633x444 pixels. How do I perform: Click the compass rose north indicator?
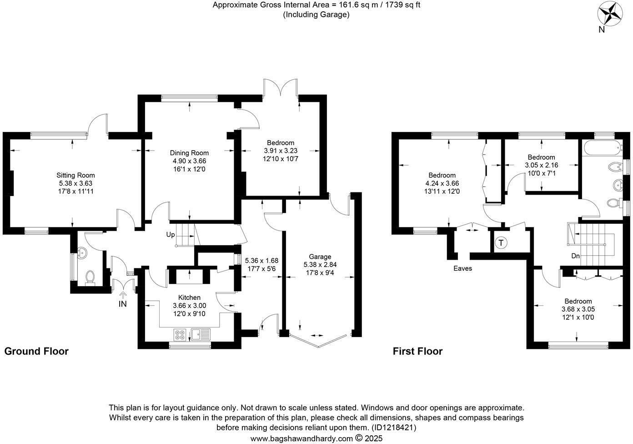610,14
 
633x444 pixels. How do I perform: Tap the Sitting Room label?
75,175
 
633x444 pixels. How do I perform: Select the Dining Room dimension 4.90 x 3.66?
189,161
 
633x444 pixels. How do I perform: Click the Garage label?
320,257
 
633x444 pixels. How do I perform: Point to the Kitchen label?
189,298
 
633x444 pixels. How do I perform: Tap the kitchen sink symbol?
201,335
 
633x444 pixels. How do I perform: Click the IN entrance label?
122,304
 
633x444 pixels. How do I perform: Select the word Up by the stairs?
171,235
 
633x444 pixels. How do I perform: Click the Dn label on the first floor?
575,256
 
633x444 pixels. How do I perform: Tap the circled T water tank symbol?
501,243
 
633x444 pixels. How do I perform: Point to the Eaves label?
462,268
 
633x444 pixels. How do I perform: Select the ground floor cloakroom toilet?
90,277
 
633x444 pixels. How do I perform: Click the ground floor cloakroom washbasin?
82,253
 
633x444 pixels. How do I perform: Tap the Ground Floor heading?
36,351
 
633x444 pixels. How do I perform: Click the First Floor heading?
417,351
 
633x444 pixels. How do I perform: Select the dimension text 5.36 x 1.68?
261,261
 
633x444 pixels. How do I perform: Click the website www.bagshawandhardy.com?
301,439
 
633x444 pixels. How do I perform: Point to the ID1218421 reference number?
394,428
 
